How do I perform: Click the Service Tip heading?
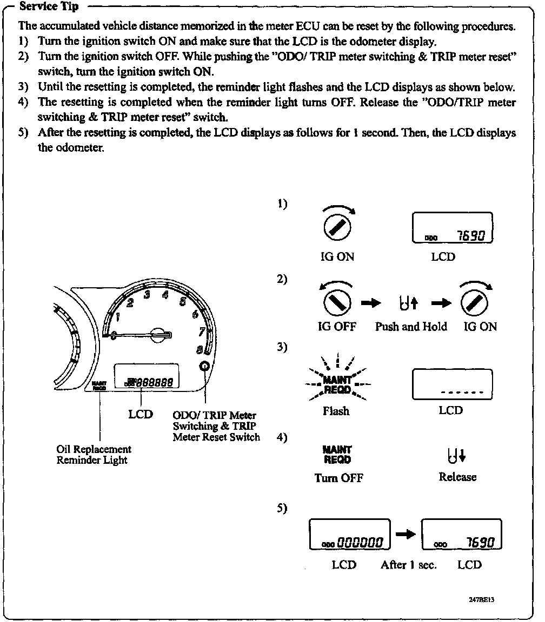(49, 7)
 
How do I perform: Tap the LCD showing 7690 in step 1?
(452, 228)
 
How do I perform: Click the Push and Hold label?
(411, 327)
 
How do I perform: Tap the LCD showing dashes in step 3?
(452, 384)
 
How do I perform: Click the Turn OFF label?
(338, 478)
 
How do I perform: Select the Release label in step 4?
(457, 477)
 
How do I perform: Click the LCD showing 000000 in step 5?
(349, 535)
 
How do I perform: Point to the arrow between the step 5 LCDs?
(405, 534)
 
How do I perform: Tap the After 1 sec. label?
(408, 565)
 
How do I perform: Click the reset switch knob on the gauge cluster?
(205, 366)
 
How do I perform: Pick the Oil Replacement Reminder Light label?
(94, 455)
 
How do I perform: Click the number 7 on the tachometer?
(201, 332)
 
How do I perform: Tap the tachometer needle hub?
(158, 335)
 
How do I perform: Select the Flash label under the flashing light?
(336, 411)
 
